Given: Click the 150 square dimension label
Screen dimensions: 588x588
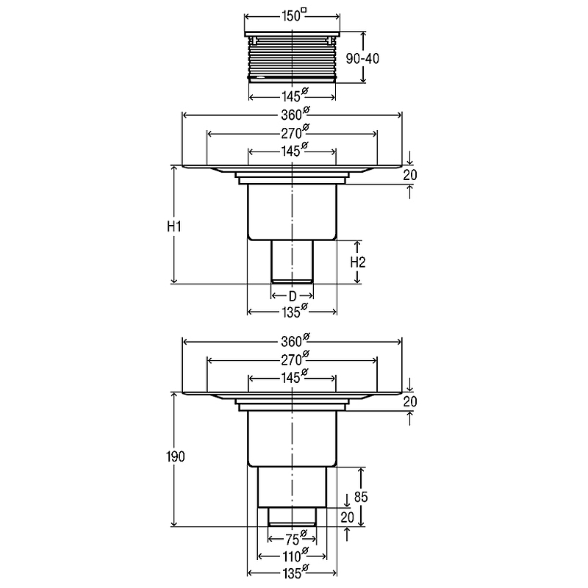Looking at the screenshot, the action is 294,15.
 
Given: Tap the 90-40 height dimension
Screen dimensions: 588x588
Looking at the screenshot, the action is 362,59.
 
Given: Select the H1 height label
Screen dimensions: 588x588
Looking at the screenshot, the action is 174,226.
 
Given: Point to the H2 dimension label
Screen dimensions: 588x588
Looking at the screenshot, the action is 358,262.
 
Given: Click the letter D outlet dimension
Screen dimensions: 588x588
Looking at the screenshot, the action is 293,296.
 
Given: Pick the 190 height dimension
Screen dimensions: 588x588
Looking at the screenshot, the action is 176,456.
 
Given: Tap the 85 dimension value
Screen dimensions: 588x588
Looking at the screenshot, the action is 361,497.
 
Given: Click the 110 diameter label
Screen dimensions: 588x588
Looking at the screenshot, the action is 295,555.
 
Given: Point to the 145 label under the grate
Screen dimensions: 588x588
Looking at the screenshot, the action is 295,96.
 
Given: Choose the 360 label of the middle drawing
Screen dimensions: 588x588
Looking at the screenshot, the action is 295,113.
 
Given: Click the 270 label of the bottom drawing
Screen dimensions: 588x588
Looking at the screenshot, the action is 295,359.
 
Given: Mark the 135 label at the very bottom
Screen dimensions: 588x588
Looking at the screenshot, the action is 295,573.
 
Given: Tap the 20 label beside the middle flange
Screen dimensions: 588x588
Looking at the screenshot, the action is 410,175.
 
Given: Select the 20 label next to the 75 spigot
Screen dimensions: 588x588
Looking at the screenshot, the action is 347,517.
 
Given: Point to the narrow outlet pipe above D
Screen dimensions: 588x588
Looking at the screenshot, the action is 292,262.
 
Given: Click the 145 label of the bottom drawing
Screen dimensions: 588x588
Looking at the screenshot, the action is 295,376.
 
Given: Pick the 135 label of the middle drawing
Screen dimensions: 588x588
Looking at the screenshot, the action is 295,311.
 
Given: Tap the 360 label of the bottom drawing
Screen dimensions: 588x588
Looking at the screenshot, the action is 295,340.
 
